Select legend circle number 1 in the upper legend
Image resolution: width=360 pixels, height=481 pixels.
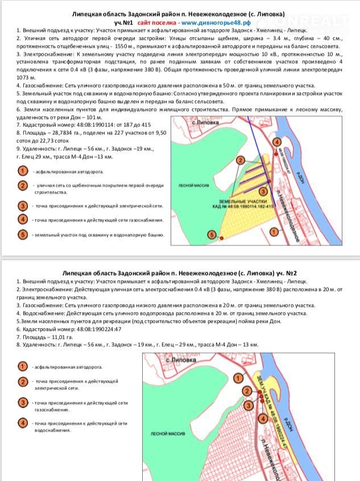tap(23, 171)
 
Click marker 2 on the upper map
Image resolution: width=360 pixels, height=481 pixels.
tap(241, 161)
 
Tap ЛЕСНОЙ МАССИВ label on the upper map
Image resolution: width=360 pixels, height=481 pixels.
tap(191, 185)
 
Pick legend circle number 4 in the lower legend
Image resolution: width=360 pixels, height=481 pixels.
tap(23, 423)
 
